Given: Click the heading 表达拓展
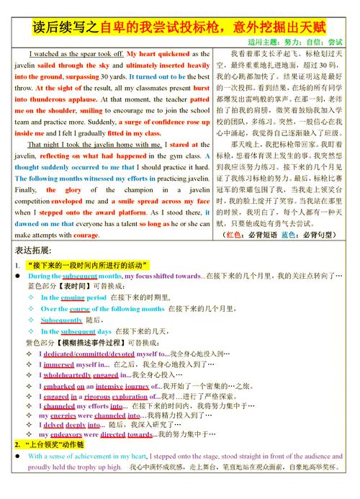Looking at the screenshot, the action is click(29, 249).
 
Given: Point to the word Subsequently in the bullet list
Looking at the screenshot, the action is click(61, 320).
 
